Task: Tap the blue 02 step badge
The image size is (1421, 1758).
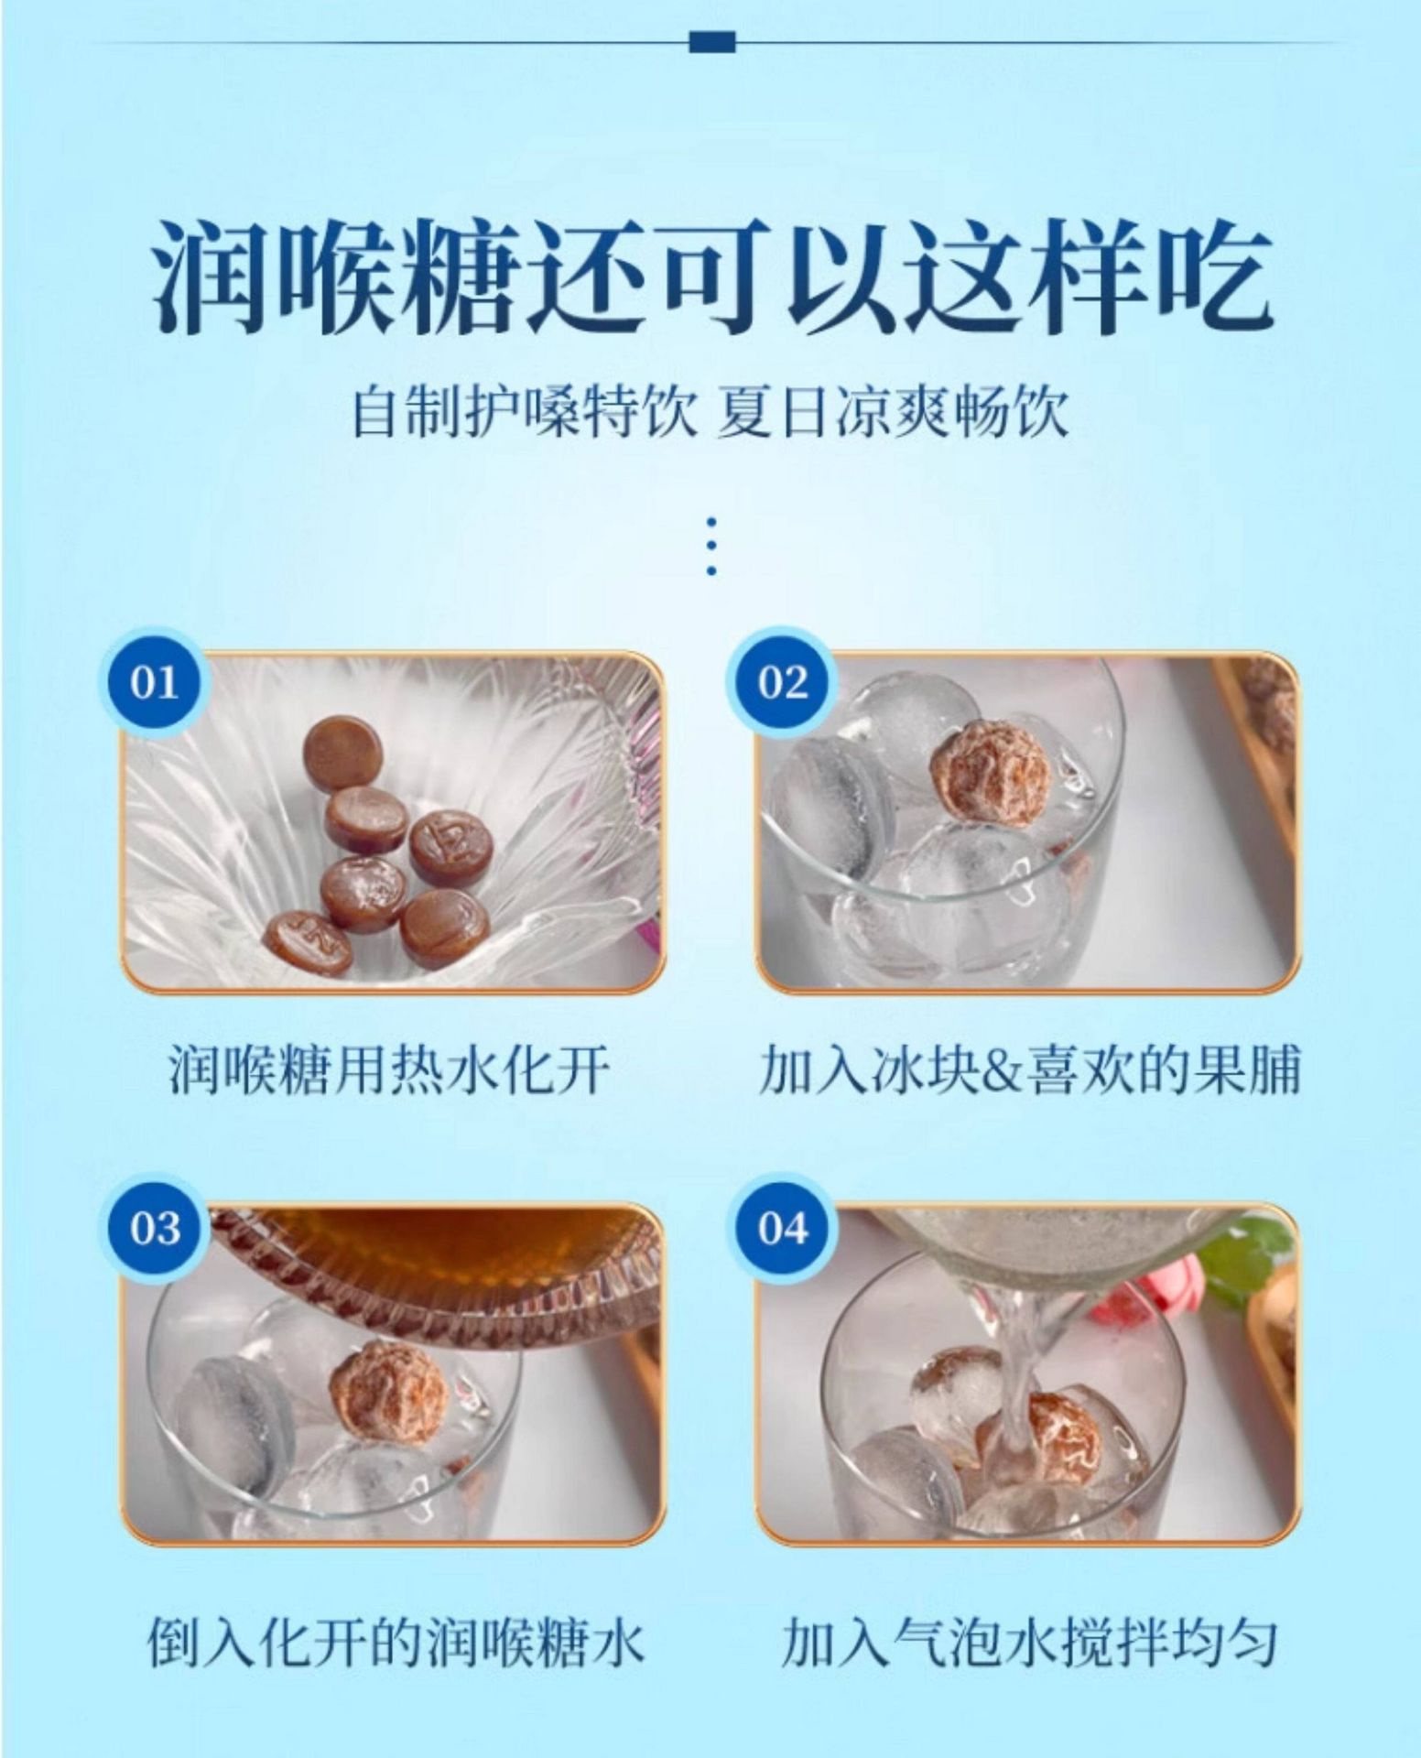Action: [x=784, y=683]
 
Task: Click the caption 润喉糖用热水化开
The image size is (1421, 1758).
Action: [x=389, y=1069]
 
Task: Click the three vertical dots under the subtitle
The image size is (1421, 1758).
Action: [x=711, y=548]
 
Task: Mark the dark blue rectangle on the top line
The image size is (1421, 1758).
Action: [x=711, y=41]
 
